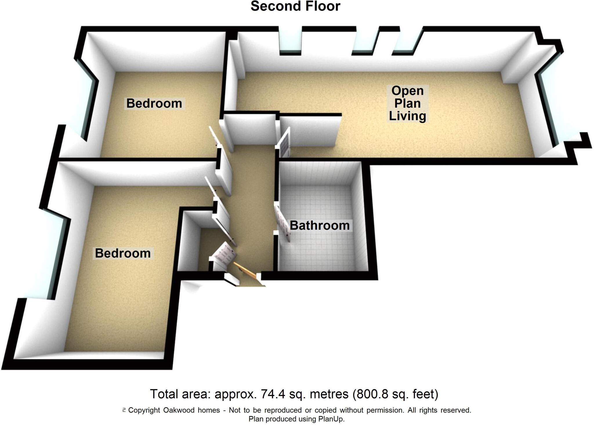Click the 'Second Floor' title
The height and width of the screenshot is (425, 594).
tap(295, 6)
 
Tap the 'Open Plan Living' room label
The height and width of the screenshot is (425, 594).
tap(407, 103)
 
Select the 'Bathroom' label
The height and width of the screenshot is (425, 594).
tap(320, 225)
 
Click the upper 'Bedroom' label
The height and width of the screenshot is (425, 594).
tap(154, 103)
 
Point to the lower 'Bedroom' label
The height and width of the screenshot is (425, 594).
tap(123, 253)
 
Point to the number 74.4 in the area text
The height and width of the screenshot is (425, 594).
tap(271, 394)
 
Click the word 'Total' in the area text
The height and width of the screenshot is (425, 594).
tap(164, 394)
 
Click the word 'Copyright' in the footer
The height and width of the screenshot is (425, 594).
tap(144, 410)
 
